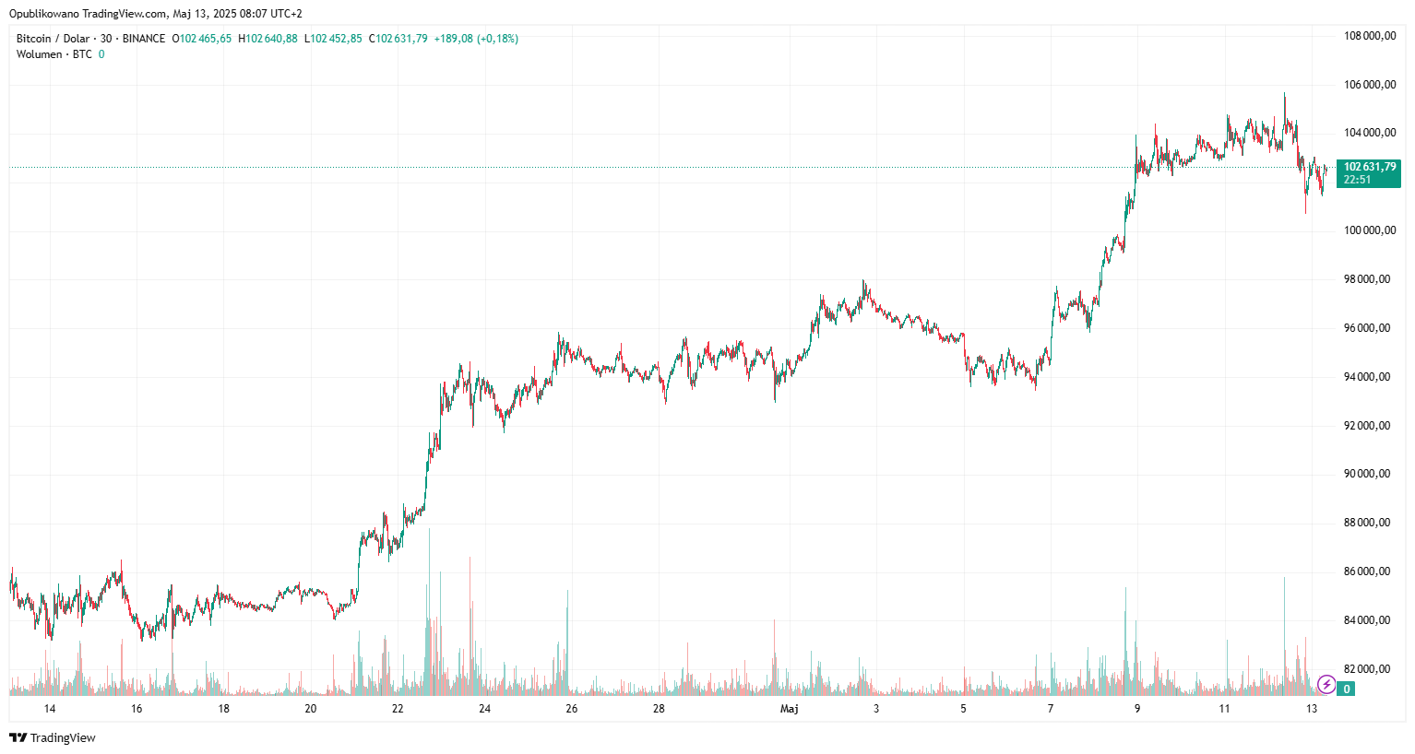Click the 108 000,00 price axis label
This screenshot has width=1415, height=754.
pos(1369,36)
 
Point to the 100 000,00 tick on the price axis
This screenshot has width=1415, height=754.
pos(1369,230)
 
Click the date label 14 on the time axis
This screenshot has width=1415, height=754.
pos(50,709)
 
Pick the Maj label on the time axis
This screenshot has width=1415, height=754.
pos(789,709)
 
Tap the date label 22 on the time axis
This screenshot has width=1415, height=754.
pos(398,709)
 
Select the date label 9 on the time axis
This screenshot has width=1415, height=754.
pos(1137,709)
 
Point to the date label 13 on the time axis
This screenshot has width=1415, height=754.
pos(1312,709)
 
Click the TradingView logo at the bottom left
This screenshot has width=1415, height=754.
pos(53,737)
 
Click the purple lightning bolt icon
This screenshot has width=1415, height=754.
pos(1326,684)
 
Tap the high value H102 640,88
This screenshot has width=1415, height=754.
pos(268,39)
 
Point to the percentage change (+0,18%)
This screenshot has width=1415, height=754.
pos(497,39)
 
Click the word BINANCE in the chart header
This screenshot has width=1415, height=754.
pos(144,39)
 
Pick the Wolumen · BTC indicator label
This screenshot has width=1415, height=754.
pos(54,54)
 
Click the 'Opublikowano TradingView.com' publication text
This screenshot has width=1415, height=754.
pos(89,14)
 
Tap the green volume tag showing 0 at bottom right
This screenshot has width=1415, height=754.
pos(1347,689)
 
